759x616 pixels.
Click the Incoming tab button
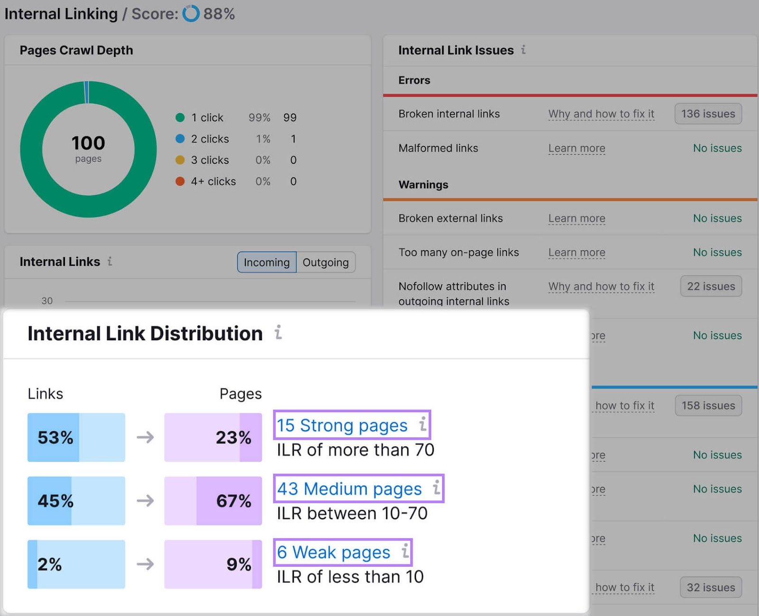coord(267,262)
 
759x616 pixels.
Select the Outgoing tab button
coord(325,262)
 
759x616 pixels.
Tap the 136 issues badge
coord(708,114)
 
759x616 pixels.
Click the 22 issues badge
coord(711,286)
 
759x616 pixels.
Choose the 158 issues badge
coord(708,406)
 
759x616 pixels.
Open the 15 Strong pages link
coord(342,425)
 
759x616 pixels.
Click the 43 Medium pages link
coord(349,489)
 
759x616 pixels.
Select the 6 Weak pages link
coord(333,552)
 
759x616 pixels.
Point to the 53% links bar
coord(76,437)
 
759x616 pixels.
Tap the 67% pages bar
coord(213,500)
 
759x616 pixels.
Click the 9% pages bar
coord(213,564)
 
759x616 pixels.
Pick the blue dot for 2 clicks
coord(180,139)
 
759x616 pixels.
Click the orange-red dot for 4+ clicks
coord(180,181)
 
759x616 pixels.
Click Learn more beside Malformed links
coord(576,148)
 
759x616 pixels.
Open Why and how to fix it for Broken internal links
coord(601,114)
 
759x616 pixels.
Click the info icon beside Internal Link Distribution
coord(278,333)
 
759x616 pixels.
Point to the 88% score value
coord(219,14)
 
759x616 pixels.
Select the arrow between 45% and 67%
coord(145,500)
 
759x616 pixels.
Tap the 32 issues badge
coord(711,587)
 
